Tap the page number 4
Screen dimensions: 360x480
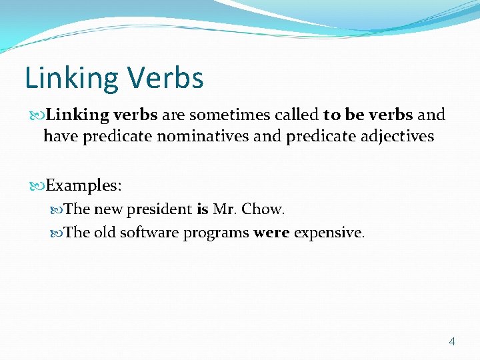tap(452, 341)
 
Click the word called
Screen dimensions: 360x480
tap(294, 115)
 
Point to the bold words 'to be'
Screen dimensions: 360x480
tap(343, 115)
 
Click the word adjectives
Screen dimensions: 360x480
tap(396, 137)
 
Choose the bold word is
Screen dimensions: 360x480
tap(203, 209)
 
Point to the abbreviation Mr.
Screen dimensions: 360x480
tap(225, 209)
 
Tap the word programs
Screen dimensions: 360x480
tap(217, 234)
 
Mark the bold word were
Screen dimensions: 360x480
tap(271, 233)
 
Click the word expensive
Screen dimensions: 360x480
tap(329, 234)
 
